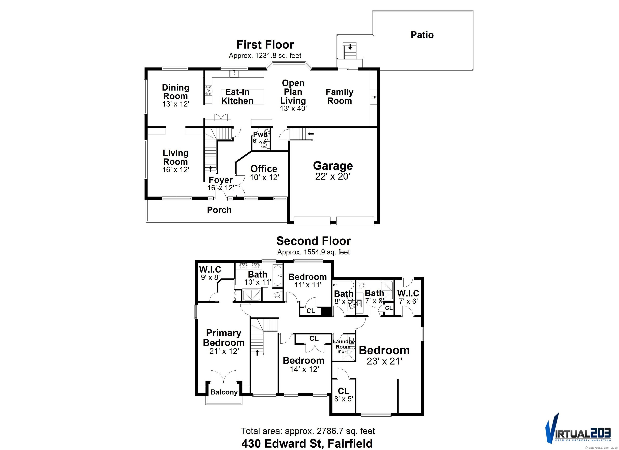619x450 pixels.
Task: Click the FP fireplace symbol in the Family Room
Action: pos(374,97)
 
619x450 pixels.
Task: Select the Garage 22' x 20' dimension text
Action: pos(333,177)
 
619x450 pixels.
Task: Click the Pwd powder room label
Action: pos(260,134)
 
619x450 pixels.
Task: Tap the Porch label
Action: pos(219,210)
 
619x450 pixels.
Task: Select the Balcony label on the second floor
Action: pos(224,392)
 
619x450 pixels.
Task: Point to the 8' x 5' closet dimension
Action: pos(344,399)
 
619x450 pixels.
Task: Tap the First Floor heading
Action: pos(265,45)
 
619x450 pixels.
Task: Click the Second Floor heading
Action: pos(313,241)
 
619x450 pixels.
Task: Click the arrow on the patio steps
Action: pos(350,47)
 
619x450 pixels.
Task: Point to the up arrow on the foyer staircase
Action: pos(210,169)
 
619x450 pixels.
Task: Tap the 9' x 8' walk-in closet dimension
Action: pos(210,278)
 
